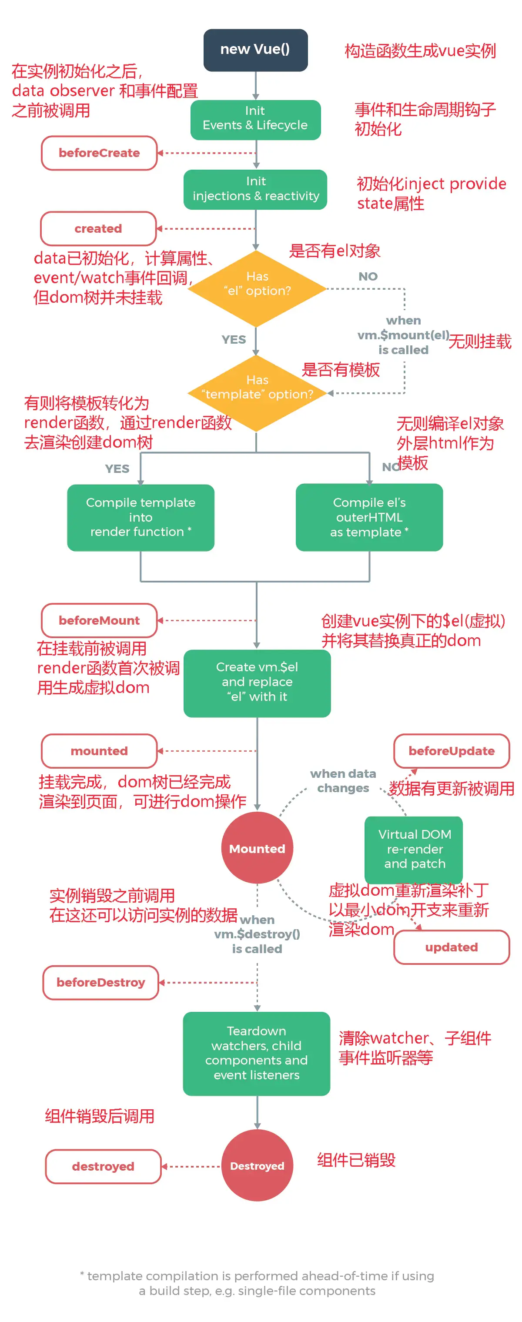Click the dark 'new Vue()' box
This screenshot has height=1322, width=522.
[255, 50]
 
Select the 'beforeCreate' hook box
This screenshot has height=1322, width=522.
[99, 153]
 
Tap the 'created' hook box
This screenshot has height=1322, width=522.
[98, 228]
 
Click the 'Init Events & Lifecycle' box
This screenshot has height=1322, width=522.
[255, 120]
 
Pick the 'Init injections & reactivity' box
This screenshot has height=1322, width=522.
[255, 189]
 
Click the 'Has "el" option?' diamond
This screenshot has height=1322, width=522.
[257, 288]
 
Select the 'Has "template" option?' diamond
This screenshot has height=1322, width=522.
[257, 392]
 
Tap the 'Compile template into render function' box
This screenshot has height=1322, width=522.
[141, 517]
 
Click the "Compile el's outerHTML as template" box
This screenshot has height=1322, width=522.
[369, 517]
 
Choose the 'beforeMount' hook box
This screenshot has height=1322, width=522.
[99, 620]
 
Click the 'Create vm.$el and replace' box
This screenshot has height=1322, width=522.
[257, 683]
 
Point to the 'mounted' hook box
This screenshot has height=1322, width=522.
[99, 751]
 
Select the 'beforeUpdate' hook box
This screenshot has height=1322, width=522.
[451, 751]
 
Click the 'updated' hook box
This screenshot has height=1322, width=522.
[451, 947]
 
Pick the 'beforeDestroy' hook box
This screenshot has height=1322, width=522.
[100, 982]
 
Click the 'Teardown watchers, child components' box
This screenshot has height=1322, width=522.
[256, 1053]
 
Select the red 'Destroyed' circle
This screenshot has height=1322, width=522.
[257, 1165]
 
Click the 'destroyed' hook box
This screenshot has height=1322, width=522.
[103, 1166]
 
